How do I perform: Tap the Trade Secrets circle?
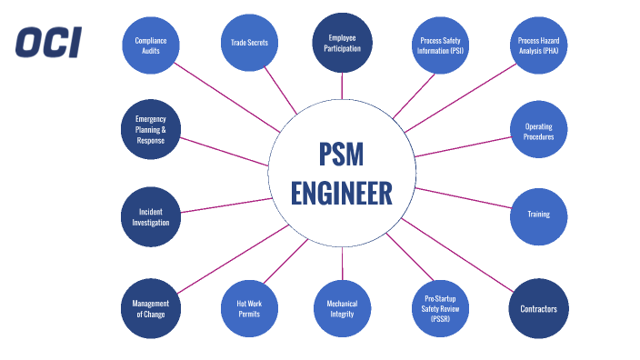249,42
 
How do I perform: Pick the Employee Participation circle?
342,42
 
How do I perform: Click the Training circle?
539,215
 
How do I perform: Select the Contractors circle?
539,309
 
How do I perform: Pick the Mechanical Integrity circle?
342,309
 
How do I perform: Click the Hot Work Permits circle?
249,309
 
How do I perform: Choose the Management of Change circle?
150,309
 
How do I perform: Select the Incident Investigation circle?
150,216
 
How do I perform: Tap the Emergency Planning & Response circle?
150,129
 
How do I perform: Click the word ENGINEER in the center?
342,194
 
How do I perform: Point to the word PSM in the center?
342,155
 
